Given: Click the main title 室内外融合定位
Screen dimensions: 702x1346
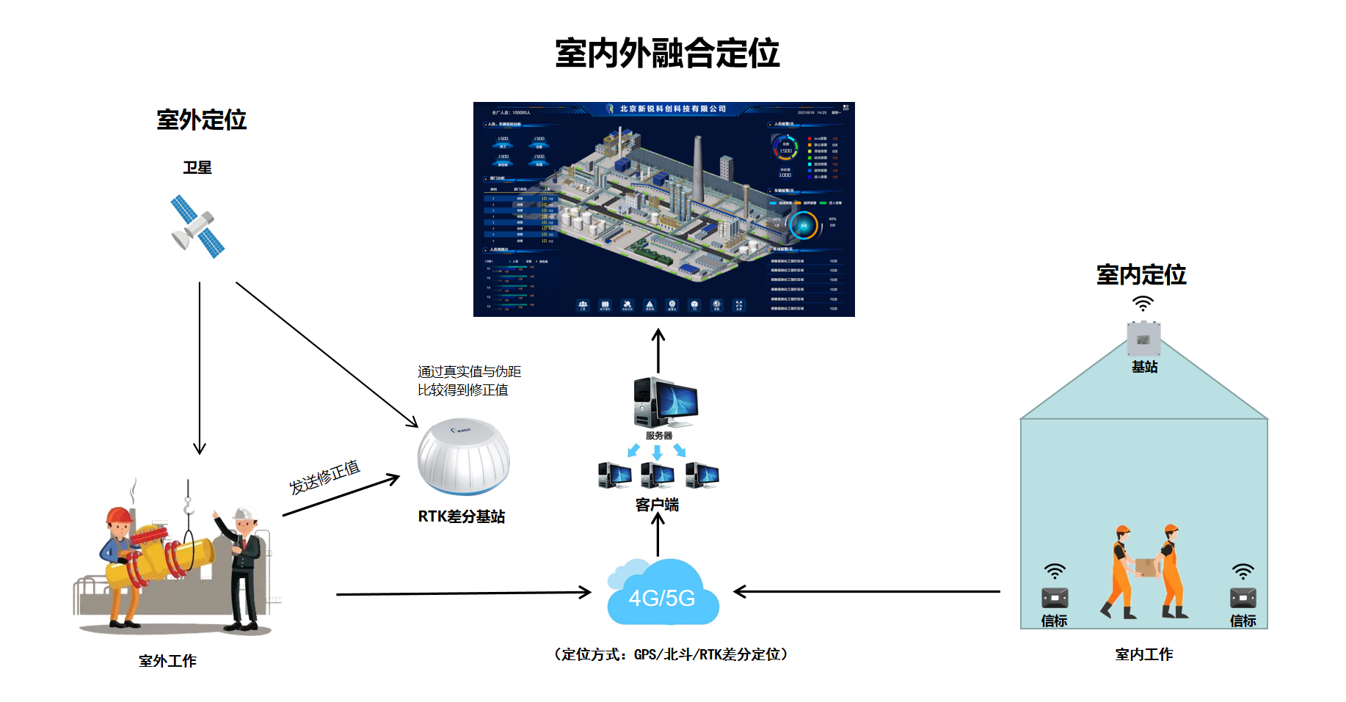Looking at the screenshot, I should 666,54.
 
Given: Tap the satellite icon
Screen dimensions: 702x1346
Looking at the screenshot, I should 197,226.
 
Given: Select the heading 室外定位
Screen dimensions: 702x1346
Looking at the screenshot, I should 201,120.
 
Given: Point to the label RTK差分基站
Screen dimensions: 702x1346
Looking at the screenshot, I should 461,516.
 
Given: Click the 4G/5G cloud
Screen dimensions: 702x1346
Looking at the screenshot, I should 663,595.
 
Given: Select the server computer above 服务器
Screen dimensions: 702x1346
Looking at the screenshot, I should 664,402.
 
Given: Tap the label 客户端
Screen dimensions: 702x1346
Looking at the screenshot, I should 657,505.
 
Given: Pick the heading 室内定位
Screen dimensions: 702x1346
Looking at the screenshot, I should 1141,274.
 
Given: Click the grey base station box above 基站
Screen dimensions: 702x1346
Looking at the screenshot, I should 1143,338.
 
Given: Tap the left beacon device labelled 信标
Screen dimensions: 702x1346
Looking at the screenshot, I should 1055,597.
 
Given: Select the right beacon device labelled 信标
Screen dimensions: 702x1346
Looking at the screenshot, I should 1243,597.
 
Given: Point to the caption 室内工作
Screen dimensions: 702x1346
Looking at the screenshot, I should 1143,654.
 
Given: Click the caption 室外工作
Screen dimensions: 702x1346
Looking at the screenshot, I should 167,661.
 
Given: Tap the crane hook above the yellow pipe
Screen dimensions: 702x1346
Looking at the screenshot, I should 188,505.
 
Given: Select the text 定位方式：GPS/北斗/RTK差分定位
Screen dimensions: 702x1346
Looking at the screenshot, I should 671,654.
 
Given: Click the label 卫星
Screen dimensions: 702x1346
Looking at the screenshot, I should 197,168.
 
